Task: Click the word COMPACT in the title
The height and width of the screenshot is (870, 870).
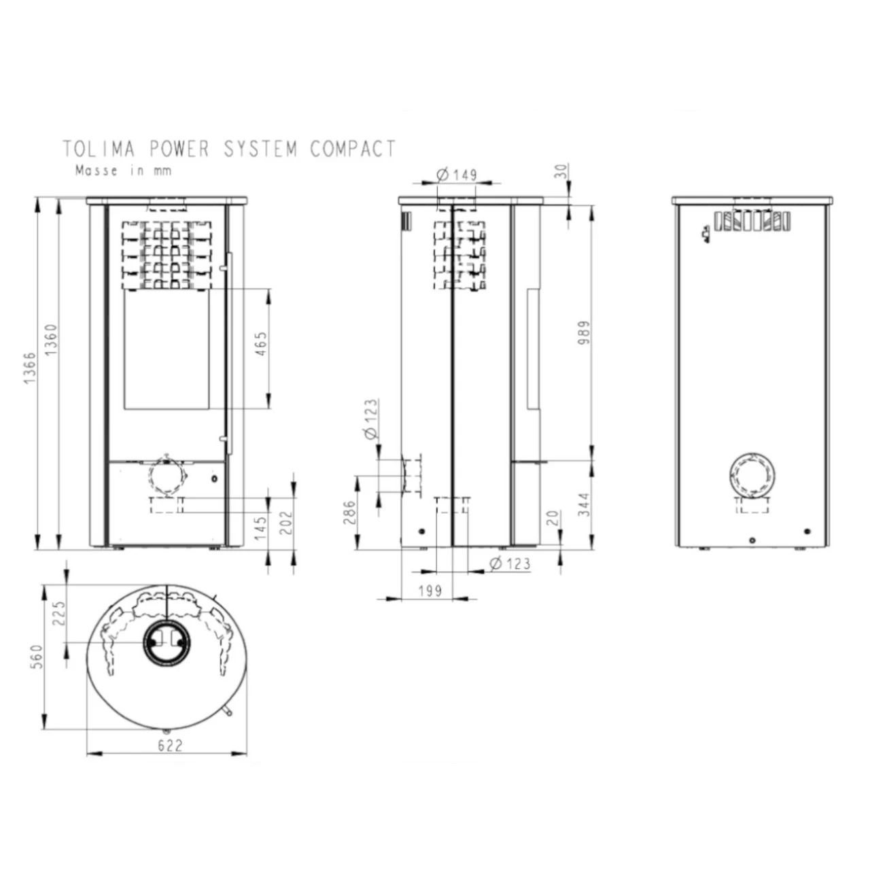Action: point(353,149)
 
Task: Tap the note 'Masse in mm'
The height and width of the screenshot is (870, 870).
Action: point(123,171)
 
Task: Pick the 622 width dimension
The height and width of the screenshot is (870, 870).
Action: point(170,746)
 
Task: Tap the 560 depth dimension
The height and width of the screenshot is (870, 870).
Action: point(37,657)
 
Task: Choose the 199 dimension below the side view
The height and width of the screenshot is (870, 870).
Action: point(430,591)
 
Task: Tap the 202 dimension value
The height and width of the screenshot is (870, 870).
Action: point(286,523)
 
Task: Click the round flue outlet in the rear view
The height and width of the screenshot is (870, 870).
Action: point(752,474)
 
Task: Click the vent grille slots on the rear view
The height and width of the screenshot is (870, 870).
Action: point(752,220)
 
